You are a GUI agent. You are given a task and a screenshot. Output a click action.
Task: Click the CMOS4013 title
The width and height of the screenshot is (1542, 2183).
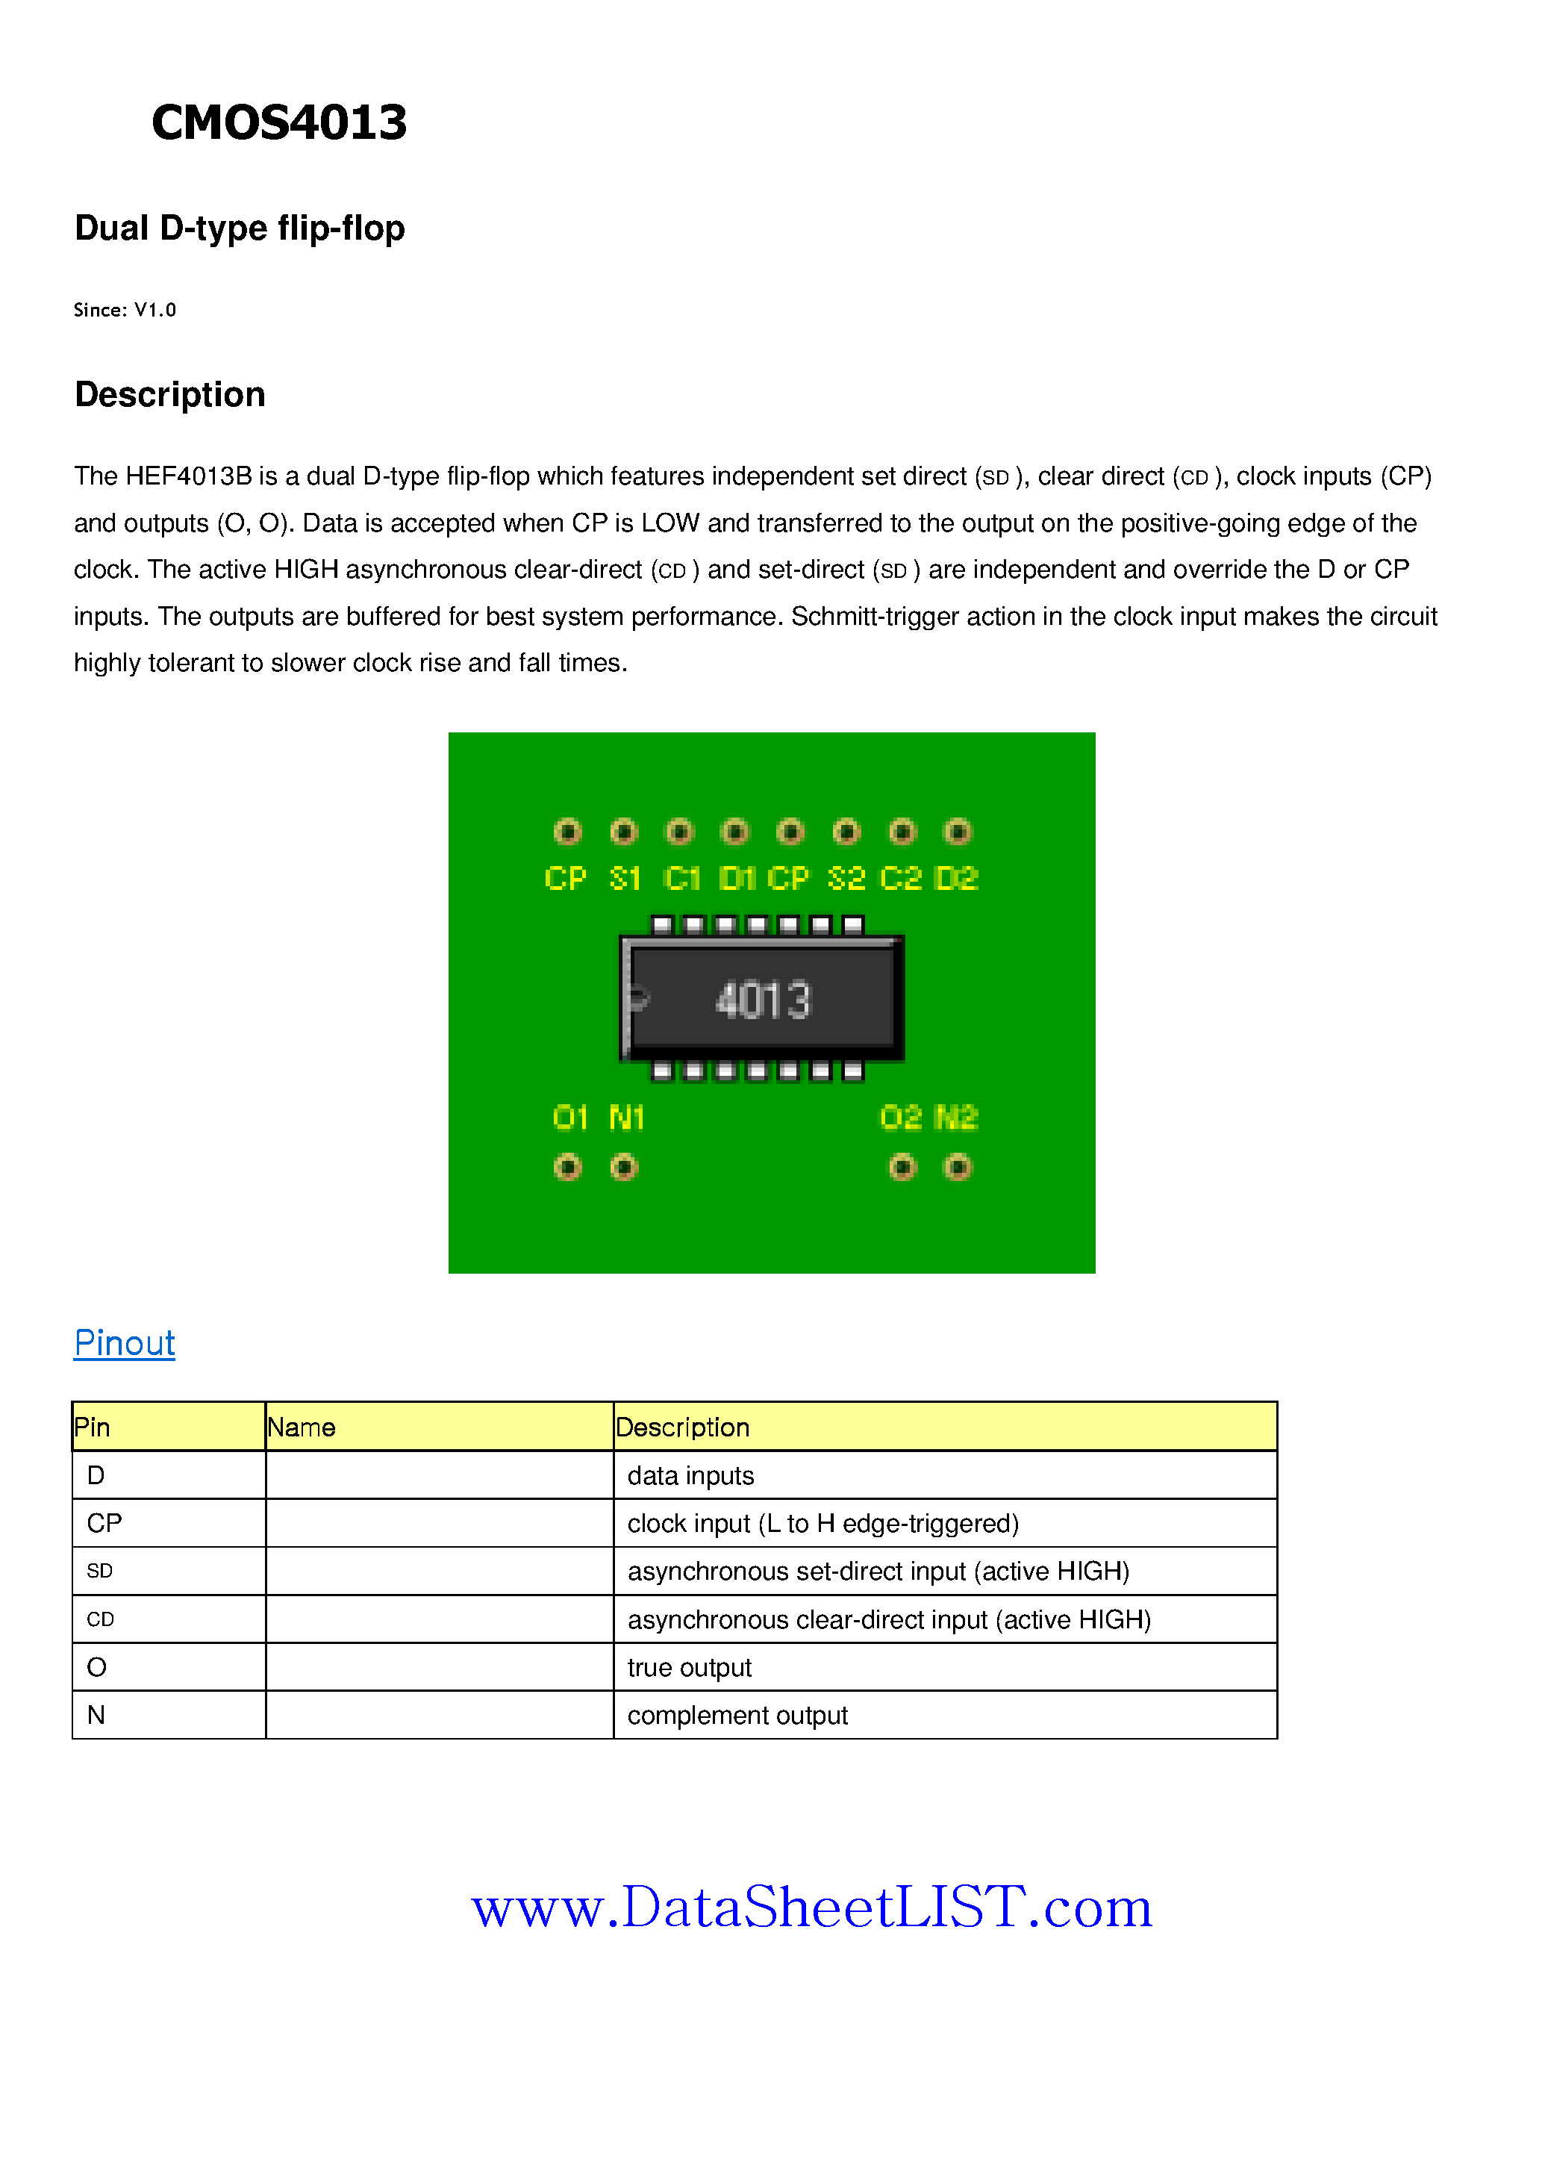[278, 122]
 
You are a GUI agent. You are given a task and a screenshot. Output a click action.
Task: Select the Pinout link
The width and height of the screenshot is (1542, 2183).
[125, 1342]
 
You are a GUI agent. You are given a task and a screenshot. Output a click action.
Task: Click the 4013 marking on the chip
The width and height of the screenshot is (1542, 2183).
[764, 1000]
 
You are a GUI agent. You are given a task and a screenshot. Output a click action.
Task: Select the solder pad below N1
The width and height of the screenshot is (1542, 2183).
[624, 1167]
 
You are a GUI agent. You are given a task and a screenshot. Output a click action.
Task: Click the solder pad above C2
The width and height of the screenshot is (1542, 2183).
[902, 832]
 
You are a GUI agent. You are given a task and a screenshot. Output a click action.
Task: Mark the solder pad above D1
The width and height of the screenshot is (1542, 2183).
[735, 832]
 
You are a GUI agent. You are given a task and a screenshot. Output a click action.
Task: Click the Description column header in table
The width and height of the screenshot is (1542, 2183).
[683, 1427]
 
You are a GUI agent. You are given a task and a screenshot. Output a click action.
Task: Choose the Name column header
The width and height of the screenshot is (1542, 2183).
[302, 1427]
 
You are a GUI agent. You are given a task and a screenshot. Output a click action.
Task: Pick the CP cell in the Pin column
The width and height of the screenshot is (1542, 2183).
[104, 1523]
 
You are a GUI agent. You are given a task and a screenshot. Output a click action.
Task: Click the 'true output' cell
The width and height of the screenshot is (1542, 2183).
[689, 1668]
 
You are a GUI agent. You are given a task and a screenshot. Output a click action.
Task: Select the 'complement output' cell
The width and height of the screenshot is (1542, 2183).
[737, 1715]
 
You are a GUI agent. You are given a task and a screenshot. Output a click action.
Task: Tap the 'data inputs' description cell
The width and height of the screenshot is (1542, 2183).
[690, 1476]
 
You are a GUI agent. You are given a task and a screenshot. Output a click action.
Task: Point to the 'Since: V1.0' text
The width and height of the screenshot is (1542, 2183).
[125, 310]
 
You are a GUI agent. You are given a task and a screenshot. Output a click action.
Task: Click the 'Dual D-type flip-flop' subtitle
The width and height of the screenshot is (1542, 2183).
[240, 228]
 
